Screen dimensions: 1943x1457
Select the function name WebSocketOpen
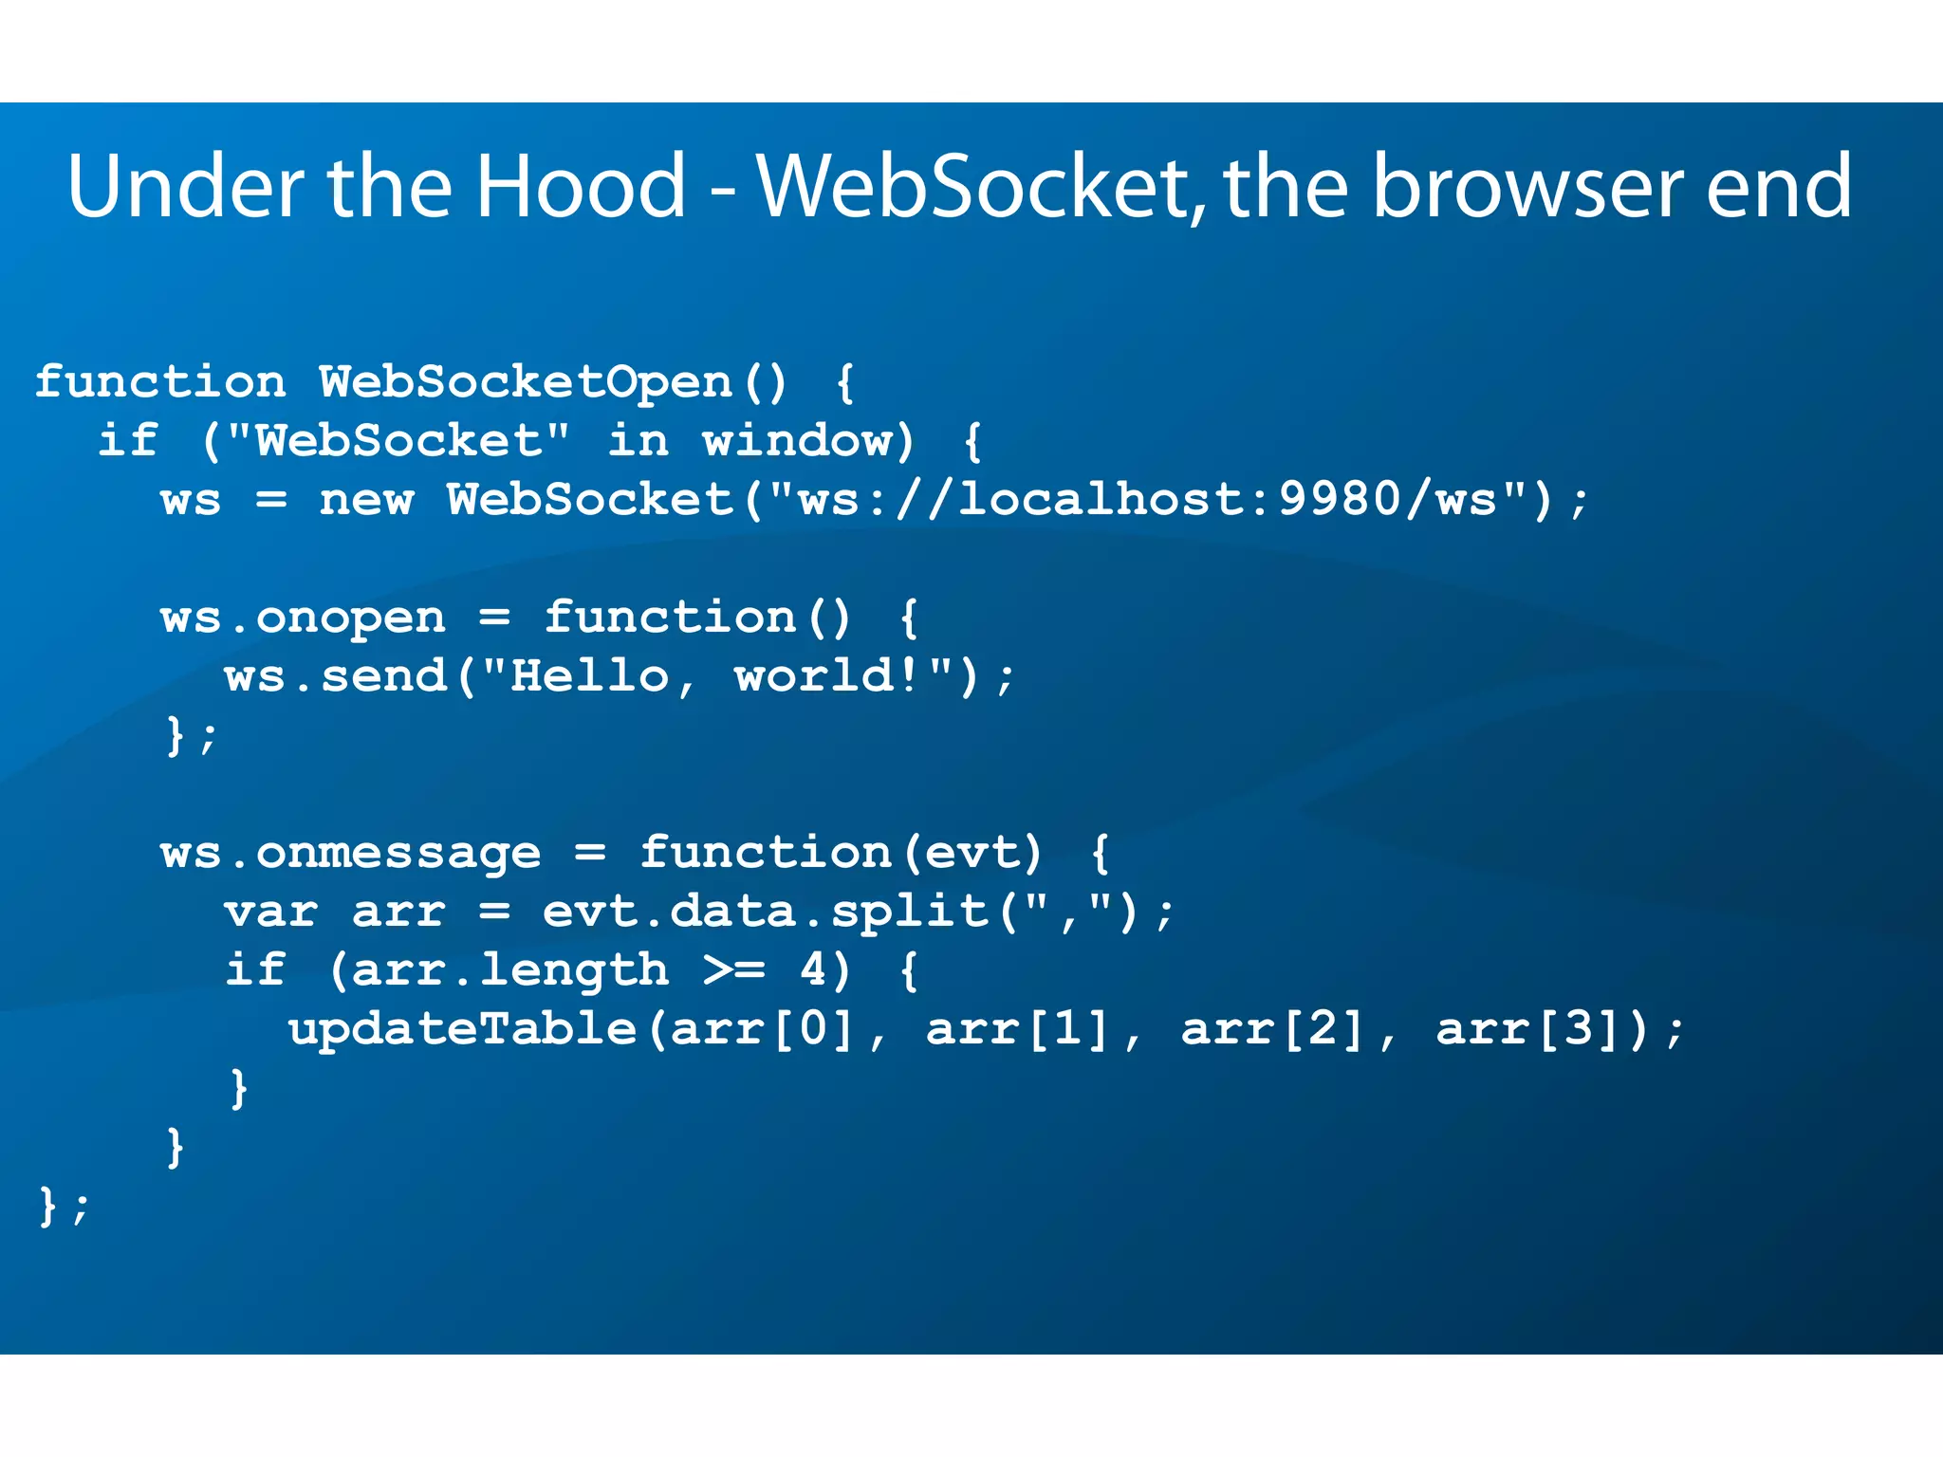pos(525,382)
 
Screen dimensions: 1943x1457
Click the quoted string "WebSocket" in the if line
pos(398,441)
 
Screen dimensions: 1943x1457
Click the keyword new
pos(366,500)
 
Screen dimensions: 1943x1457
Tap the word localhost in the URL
pos(1116,500)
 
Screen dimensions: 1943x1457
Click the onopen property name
pos(350,618)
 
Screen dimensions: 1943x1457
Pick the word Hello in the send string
pos(589,677)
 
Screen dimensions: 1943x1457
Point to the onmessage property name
pos(398,854)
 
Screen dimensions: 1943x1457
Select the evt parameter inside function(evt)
pos(971,854)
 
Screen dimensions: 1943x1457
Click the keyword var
pos(271,913)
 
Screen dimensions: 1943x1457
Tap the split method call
pos(909,913)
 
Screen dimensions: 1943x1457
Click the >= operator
pos(733,970)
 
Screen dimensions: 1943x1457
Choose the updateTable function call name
pos(462,1030)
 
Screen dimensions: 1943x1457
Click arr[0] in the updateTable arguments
pos(763,1030)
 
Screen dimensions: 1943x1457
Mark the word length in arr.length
pos(574,970)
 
